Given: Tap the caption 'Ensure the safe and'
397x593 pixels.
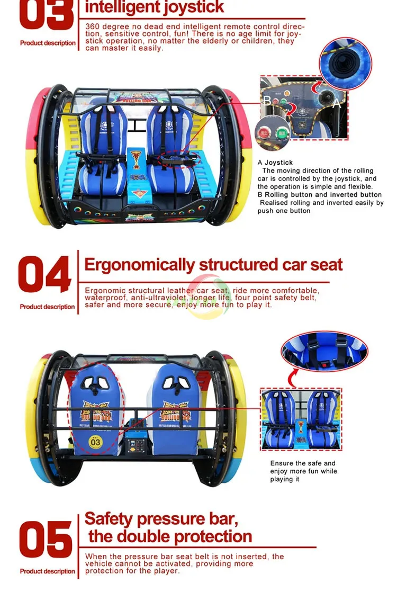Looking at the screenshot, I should (303, 463).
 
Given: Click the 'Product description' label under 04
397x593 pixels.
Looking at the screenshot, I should (48, 307).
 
